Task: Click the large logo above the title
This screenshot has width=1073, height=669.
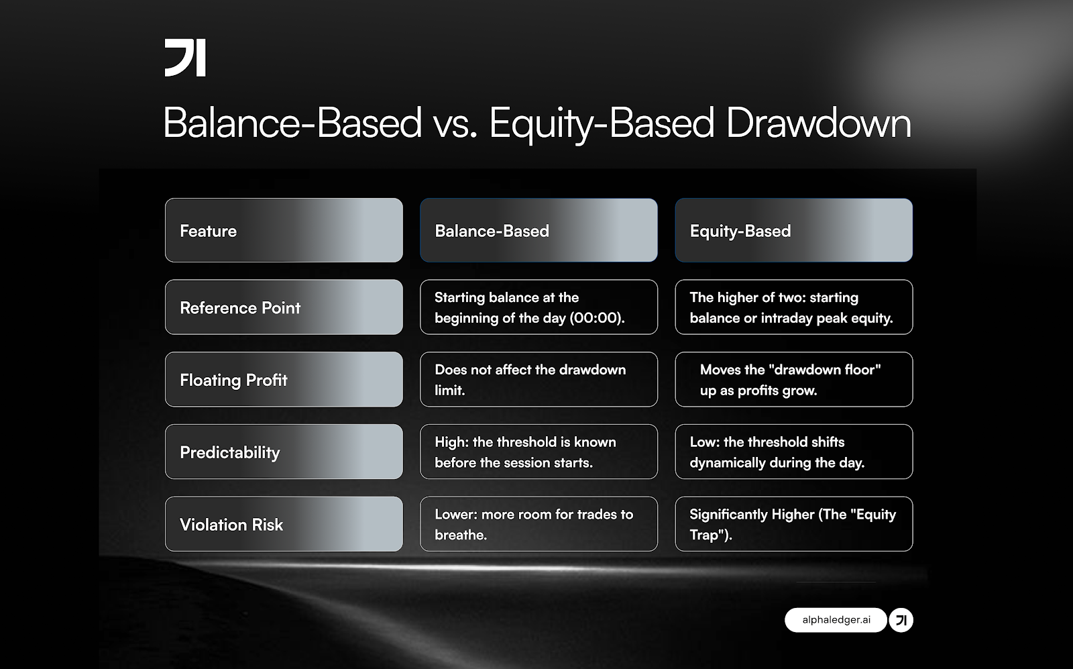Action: click(x=185, y=58)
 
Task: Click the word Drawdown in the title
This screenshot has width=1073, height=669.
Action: click(x=818, y=123)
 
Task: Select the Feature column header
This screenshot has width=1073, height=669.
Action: click(x=284, y=230)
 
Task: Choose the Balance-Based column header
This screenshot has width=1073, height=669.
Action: click(x=539, y=230)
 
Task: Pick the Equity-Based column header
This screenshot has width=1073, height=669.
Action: click(x=793, y=230)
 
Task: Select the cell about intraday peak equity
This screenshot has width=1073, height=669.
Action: click(x=793, y=307)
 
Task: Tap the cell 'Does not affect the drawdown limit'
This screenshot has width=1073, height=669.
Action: click(x=539, y=380)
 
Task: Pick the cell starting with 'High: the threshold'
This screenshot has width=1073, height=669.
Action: click(x=539, y=452)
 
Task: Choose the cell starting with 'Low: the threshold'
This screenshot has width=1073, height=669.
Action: click(x=793, y=452)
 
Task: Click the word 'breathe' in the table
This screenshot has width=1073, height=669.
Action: click(x=459, y=535)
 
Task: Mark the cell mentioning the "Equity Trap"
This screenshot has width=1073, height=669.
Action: click(x=793, y=524)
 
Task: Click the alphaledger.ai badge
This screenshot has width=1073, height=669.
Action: click(x=836, y=620)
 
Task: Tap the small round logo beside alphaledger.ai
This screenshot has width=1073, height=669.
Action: click(x=901, y=620)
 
